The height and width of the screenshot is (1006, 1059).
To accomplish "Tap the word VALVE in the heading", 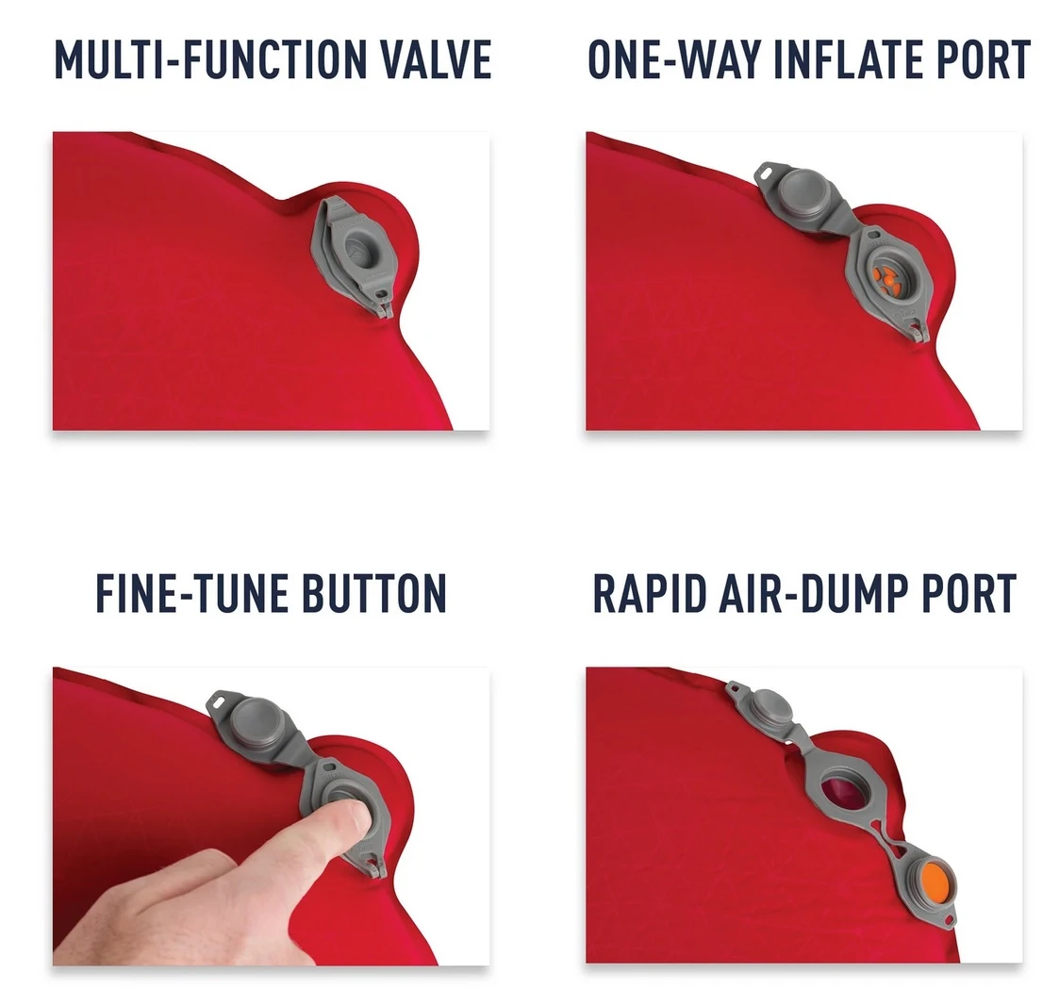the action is point(437,60).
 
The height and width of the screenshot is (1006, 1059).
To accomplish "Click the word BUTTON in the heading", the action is point(374,593).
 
